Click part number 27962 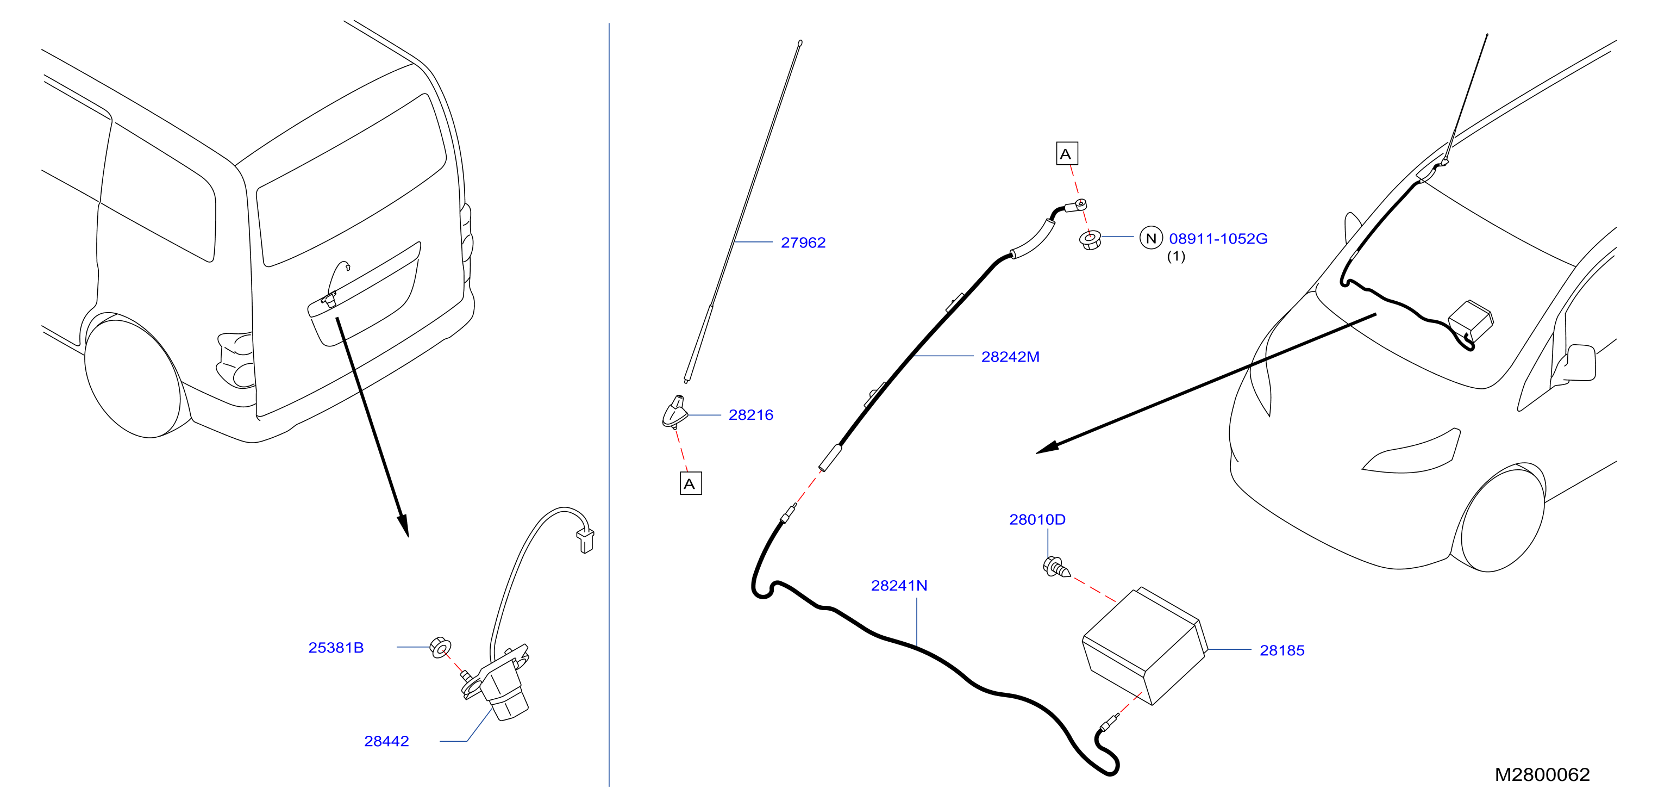(803, 243)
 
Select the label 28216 (750, 415)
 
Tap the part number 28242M (1010, 357)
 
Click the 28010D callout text (1037, 519)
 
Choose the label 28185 (1281, 650)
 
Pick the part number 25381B (336, 647)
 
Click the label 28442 (386, 741)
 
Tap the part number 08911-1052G (1218, 239)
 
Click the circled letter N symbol (1151, 238)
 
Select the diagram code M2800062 (1542, 774)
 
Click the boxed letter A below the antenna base (691, 483)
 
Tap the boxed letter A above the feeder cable (1067, 154)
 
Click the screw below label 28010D (1055, 567)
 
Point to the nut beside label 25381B (440, 647)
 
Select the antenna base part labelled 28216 (674, 412)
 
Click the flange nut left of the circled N (1090, 241)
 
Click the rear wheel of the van (134, 378)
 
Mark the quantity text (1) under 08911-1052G (1176, 256)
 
